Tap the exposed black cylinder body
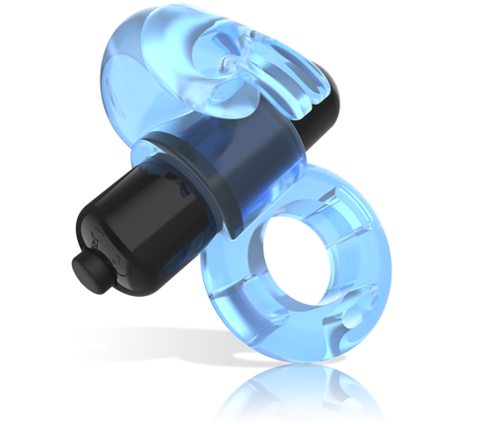click(x=148, y=222)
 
